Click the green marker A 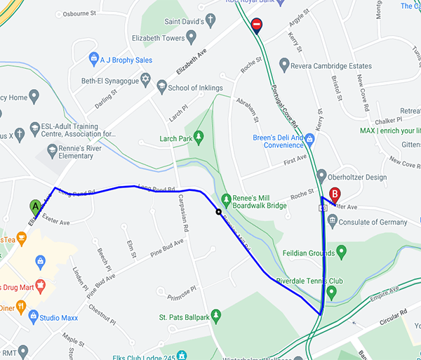tap(36, 207)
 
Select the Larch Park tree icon tap(199, 136)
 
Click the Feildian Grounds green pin tap(342, 251)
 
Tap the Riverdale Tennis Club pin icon tap(331, 290)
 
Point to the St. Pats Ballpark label tap(184, 318)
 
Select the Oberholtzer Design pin tap(321, 176)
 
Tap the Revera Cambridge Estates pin tap(284, 65)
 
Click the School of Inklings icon tap(162, 88)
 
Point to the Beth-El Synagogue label tap(113, 81)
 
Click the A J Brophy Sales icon tap(94, 58)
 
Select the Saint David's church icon tap(210, 22)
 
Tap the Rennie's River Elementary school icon tap(52, 150)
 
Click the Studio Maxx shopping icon tap(33, 316)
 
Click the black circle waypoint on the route tap(219, 211)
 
